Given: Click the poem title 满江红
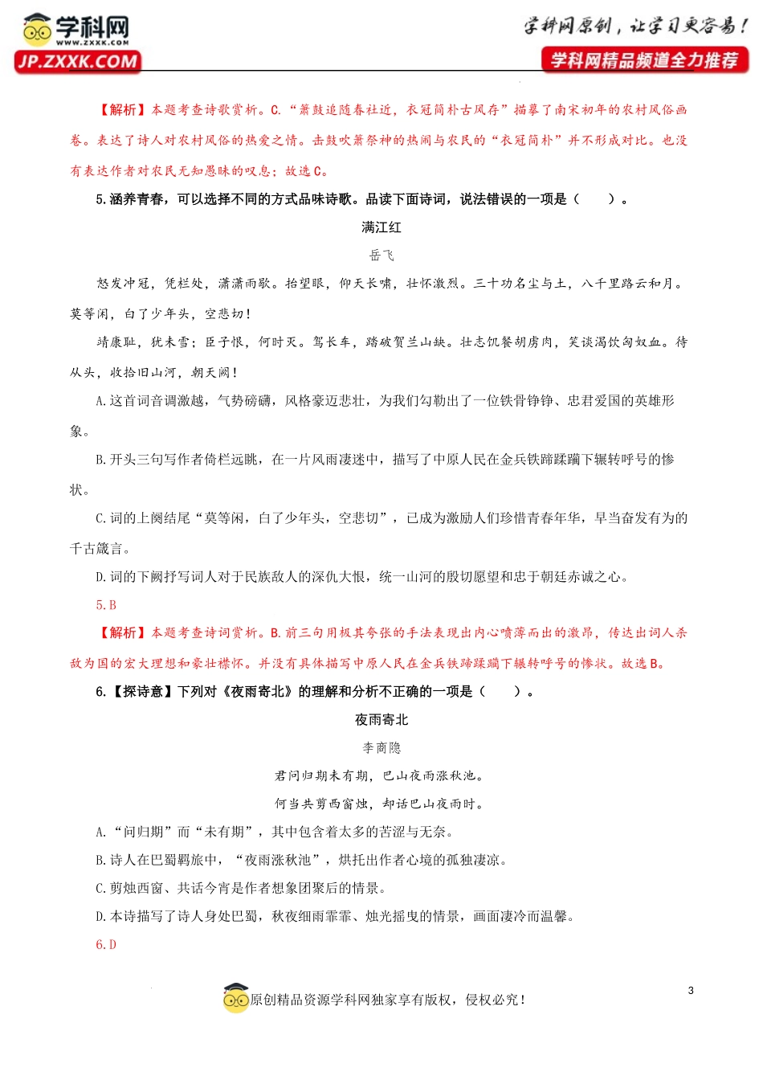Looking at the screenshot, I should pos(381,227).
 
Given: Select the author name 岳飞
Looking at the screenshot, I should pos(381,256).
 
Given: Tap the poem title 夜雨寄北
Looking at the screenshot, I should pos(381,720).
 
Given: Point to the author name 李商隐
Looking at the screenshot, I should pos(381,748).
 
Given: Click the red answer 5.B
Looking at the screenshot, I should pos(106,605).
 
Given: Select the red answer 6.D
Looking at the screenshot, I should pos(106,945).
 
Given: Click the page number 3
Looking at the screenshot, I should pos(691,991).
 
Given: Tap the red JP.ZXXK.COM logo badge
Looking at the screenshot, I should pos(77,62).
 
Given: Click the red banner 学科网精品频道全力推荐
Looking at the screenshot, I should pos(645,60).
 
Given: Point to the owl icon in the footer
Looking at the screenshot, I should pos(235,998).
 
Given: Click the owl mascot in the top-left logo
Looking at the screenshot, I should pos(37,30).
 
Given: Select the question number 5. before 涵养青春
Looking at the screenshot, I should pos(100,199).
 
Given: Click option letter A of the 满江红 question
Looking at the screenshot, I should pos(100,401).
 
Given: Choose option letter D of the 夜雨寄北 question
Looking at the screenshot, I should pos(100,917).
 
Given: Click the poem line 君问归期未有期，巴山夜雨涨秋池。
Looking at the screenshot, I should pos(381,776).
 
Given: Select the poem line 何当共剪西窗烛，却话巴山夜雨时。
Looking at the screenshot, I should pos(381,804).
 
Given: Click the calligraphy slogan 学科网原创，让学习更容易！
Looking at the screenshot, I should pos(635,27).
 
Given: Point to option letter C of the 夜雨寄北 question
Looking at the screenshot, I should pos(100,889).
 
